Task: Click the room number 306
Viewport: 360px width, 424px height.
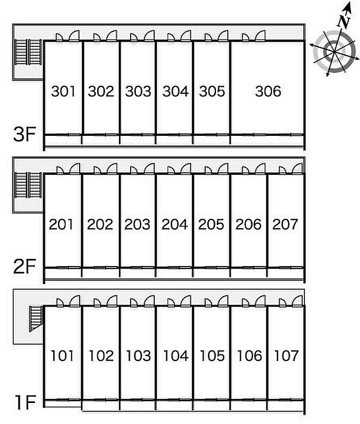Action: (268, 92)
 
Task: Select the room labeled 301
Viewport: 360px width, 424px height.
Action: (63, 92)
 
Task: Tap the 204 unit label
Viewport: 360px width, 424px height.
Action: (174, 224)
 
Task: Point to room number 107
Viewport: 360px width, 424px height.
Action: (286, 356)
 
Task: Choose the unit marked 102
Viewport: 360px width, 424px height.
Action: (101, 356)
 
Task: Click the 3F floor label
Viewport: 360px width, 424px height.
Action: (25, 134)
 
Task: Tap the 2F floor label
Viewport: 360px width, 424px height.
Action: (25, 267)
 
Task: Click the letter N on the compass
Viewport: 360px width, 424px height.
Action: (344, 21)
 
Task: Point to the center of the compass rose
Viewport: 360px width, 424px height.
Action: (335, 51)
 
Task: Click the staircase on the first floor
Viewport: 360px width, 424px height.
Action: (36, 319)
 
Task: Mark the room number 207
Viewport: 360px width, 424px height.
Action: (285, 224)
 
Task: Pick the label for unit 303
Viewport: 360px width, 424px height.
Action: (138, 92)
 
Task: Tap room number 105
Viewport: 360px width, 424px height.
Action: (212, 356)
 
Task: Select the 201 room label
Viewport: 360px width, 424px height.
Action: (61, 224)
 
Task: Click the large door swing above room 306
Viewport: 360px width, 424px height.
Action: (260, 36)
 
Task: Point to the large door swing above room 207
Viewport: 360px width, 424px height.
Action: (297, 168)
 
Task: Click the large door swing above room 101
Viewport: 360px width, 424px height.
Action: (75, 301)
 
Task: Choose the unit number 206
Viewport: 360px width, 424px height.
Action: (248, 224)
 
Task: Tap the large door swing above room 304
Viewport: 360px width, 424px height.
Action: (186, 36)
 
